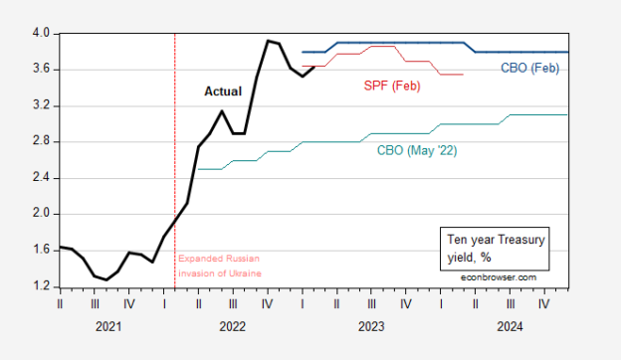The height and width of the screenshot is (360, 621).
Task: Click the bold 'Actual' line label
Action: click(222, 90)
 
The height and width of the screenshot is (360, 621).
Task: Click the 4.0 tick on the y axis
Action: click(41, 34)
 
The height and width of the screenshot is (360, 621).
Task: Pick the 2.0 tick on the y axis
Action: click(41, 214)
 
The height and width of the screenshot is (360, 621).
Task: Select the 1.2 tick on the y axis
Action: click(41, 286)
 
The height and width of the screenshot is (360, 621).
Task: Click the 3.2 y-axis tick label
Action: click(41, 105)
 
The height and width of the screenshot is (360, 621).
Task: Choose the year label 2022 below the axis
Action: click(232, 325)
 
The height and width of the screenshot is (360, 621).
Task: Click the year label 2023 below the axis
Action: click(370, 325)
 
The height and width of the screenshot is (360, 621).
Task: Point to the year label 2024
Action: click(509, 325)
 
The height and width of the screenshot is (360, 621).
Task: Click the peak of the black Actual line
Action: click(268, 41)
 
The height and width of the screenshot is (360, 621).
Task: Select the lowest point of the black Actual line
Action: click(106, 279)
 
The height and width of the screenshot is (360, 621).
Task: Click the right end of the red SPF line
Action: click(462, 74)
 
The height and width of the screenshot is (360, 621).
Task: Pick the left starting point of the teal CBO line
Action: click(199, 169)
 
